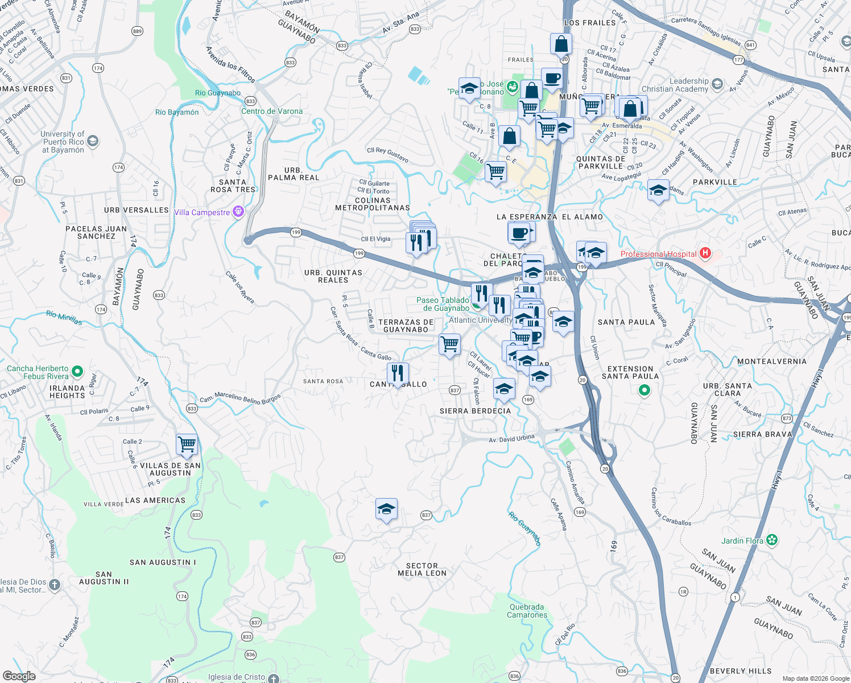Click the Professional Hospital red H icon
tap(705, 253)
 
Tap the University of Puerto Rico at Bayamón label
tap(63, 142)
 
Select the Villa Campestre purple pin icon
tap(238, 212)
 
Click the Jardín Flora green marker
tap(772, 540)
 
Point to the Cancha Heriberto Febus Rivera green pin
tap(77, 372)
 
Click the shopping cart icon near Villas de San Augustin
tap(187, 444)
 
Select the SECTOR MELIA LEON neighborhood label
tap(422, 570)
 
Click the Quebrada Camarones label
tap(527, 611)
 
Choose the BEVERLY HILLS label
tap(741, 671)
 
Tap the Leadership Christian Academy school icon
tap(717, 84)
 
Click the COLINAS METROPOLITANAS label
tap(373, 204)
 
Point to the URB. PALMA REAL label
tap(294, 174)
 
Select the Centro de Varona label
tap(272, 111)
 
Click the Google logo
tap(19, 676)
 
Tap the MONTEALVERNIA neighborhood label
tap(772, 361)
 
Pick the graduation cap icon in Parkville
tap(658, 191)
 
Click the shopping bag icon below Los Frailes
tap(561, 44)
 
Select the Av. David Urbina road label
tap(512, 439)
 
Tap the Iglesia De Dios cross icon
tap(55, 585)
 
